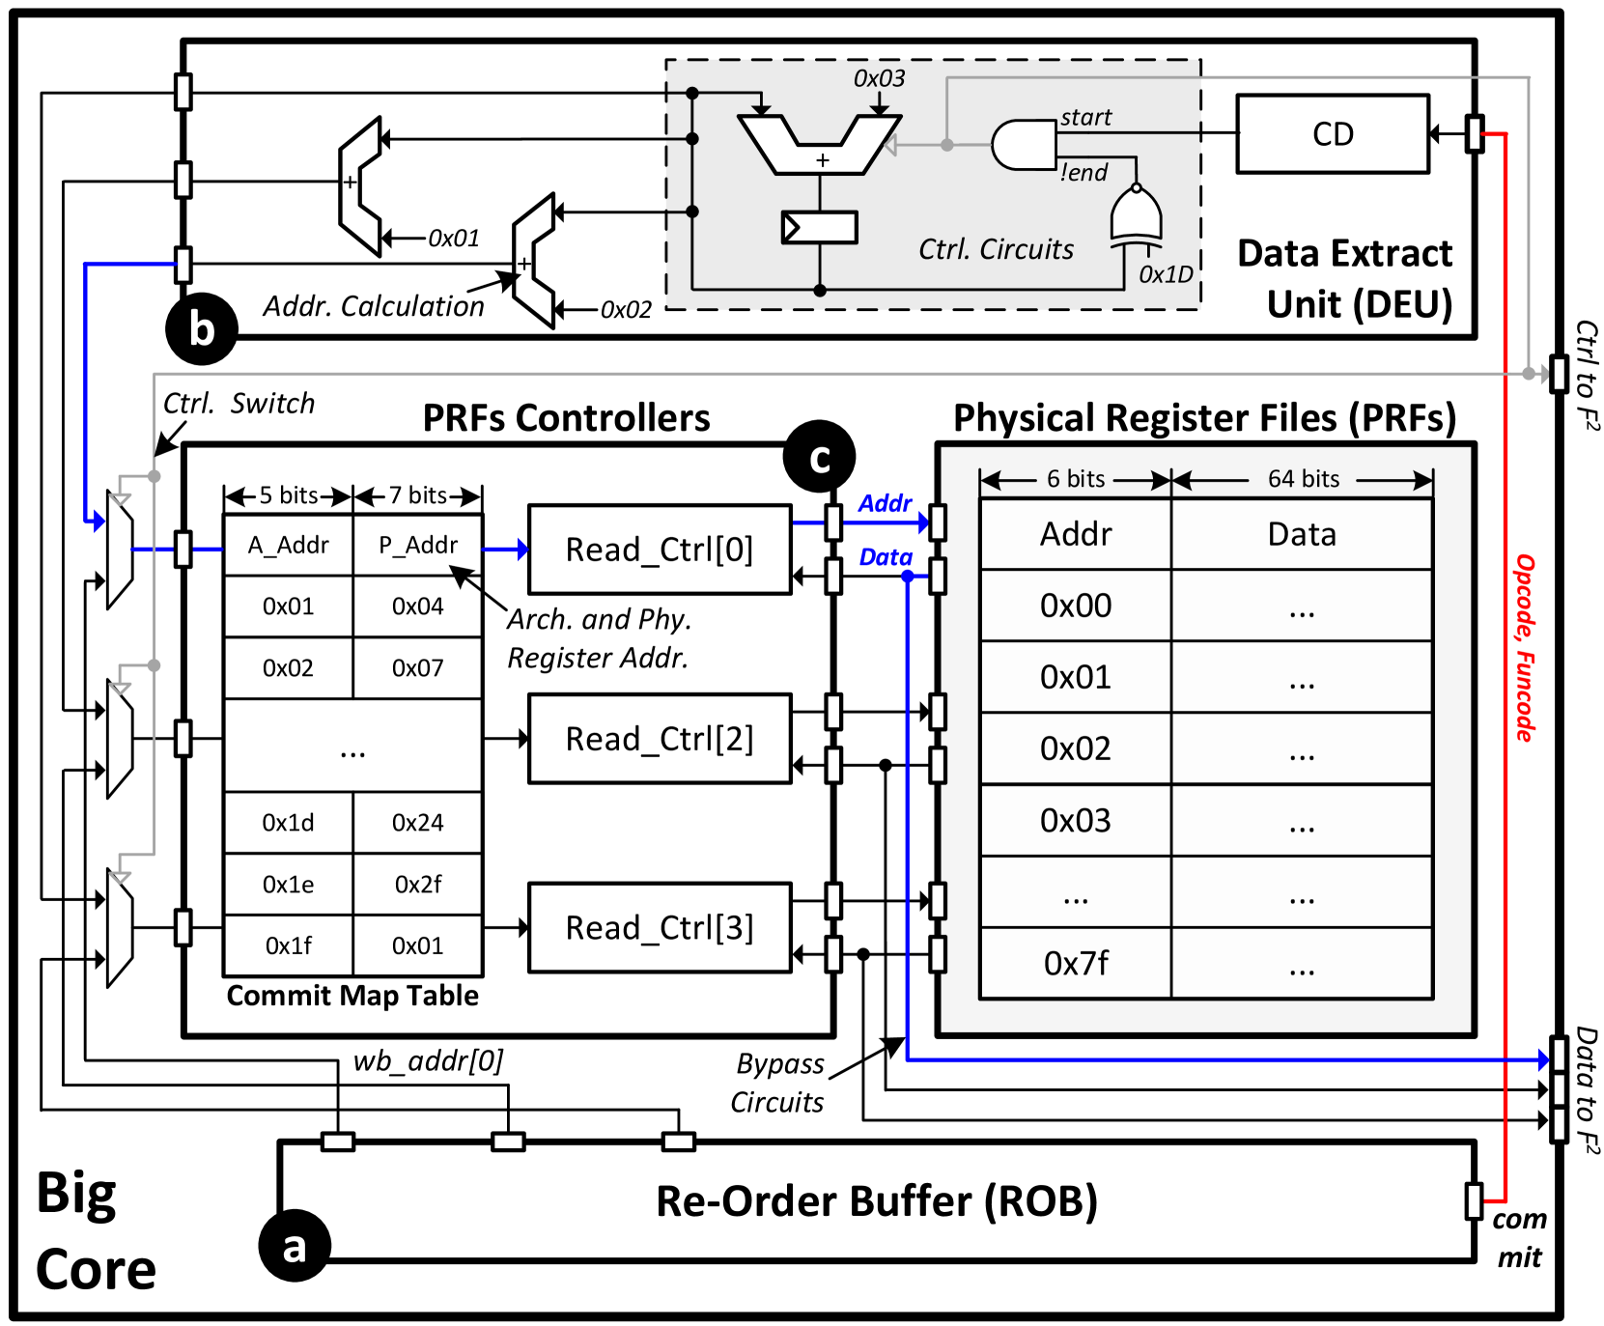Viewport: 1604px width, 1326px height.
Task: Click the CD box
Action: click(1333, 134)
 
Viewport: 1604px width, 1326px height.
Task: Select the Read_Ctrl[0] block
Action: click(660, 550)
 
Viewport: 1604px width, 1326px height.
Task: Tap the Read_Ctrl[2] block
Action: click(660, 739)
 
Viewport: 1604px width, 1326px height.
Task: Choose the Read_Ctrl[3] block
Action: click(660, 928)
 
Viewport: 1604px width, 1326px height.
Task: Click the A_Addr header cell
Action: click(289, 546)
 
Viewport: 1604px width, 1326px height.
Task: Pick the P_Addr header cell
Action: click(417, 546)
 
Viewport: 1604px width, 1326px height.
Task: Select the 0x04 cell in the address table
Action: click(417, 607)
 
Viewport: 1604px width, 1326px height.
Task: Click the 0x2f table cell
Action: click(417, 885)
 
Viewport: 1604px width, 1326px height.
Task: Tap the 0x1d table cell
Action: click(289, 823)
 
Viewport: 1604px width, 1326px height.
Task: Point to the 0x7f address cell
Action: click(1076, 964)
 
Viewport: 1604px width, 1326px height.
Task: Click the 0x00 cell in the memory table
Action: click(1076, 606)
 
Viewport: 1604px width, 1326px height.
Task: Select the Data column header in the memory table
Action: click(1302, 534)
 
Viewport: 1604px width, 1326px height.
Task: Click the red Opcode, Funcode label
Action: click(1524, 648)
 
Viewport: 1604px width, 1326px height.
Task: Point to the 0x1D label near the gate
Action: click(1166, 275)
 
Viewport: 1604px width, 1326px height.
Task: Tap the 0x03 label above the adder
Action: click(879, 79)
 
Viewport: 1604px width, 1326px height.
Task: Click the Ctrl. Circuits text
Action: click(996, 249)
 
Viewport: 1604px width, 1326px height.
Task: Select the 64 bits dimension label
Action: click(1304, 479)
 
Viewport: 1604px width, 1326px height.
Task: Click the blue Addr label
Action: click(885, 503)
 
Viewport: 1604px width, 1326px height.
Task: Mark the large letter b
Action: click(202, 329)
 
